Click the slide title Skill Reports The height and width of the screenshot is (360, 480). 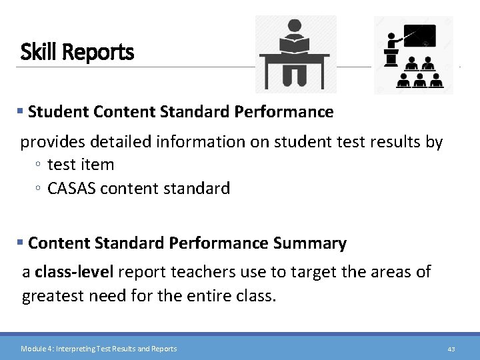point(77,51)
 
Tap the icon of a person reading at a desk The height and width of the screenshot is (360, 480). point(295,54)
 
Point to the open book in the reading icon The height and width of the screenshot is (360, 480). point(294,45)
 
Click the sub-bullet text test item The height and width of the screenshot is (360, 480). point(81,165)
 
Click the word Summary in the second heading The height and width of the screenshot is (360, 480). point(309,243)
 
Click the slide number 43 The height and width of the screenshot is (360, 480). point(451,349)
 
